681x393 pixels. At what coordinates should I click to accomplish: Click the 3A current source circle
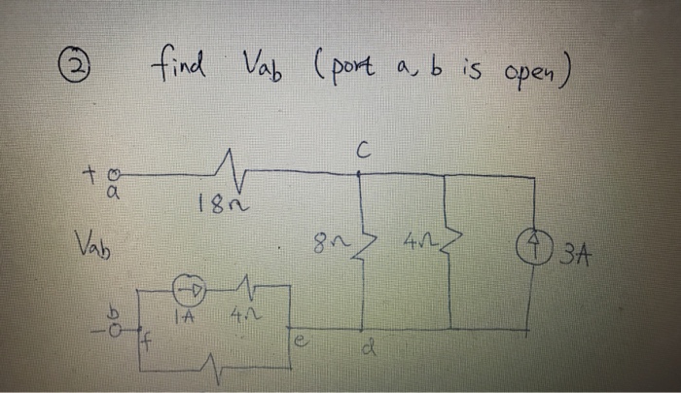point(532,256)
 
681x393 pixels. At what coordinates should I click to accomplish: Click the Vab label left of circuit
point(95,240)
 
